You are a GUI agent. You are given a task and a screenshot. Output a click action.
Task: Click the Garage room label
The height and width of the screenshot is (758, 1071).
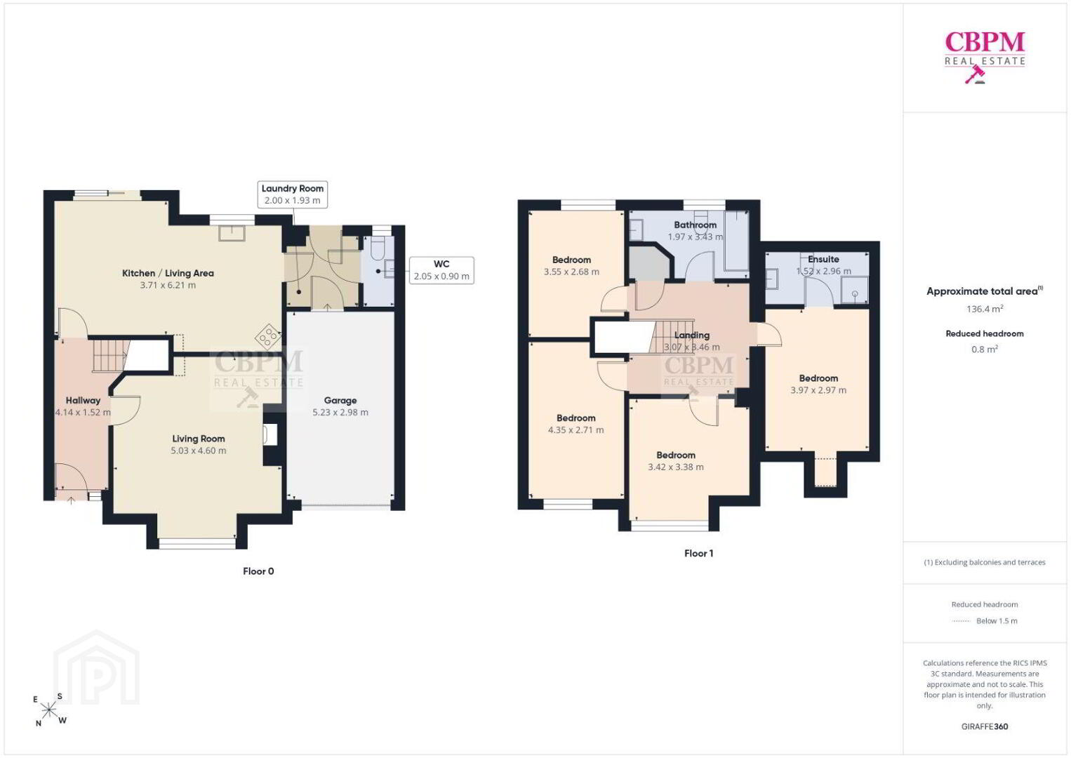click(x=340, y=400)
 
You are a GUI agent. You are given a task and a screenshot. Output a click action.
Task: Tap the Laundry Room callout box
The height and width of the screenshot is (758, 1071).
click(x=292, y=194)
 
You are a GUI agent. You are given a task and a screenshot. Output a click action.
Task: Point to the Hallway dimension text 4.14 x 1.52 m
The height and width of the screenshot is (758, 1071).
click(x=84, y=412)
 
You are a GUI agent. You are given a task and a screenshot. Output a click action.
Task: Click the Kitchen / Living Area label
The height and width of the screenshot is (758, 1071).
click(x=168, y=273)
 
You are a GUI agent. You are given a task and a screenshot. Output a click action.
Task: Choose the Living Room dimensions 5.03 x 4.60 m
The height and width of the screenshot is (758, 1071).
click(x=199, y=451)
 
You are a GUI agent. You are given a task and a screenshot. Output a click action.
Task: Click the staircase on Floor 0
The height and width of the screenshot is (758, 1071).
click(x=111, y=355)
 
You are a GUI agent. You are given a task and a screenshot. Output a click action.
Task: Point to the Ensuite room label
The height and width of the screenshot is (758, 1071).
click(x=823, y=259)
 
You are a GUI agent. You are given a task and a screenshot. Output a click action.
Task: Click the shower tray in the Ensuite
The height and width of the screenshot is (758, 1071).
click(x=854, y=291)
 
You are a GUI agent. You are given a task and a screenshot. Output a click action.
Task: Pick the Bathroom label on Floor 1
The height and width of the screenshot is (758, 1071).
click(x=696, y=225)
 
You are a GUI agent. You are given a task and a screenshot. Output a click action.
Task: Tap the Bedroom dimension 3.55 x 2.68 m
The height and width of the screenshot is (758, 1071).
click(x=571, y=272)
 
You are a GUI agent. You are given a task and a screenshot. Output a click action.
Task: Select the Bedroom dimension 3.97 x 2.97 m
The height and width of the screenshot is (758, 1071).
click(x=818, y=390)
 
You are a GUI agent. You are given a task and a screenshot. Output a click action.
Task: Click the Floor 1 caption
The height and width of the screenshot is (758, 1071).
click(x=698, y=553)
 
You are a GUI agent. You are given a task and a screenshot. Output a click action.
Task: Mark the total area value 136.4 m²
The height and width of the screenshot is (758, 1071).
click(x=985, y=308)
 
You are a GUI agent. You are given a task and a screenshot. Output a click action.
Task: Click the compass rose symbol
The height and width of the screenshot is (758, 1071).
click(x=48, y=710)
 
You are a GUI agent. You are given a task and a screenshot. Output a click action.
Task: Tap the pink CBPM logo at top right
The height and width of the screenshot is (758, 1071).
click(x=985, y=56)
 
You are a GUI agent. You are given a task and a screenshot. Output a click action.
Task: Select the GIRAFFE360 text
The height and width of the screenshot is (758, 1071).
click(x=985, y=726)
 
